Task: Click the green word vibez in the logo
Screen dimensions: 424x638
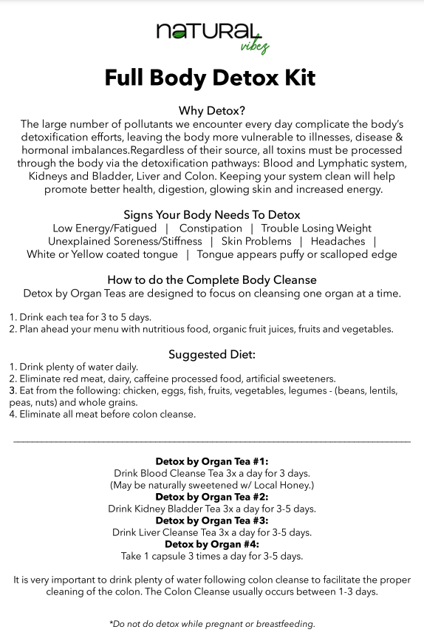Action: point(254,47)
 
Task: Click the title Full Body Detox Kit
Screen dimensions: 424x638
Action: point(211,78)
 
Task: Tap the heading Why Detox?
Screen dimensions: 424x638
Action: point(212,111)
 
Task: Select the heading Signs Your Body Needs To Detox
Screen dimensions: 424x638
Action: point(212,214)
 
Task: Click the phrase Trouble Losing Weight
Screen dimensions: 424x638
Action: point(316,228)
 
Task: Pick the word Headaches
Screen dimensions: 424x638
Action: point(338,242)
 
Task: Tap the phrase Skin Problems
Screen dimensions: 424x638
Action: point(256,242)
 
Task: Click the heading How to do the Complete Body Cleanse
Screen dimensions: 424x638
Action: point(212,280)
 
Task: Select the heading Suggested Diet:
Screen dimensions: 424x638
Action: point(212,354)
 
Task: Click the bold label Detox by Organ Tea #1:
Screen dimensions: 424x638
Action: point(212,461)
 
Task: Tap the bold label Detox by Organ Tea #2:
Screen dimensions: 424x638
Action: point(212,497)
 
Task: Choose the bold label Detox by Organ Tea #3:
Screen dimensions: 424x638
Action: point(212,520)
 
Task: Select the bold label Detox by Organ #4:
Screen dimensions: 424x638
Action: point(212,544)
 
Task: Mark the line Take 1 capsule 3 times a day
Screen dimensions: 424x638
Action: point(212,556)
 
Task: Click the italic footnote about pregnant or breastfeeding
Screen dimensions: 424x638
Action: point(212,624)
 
